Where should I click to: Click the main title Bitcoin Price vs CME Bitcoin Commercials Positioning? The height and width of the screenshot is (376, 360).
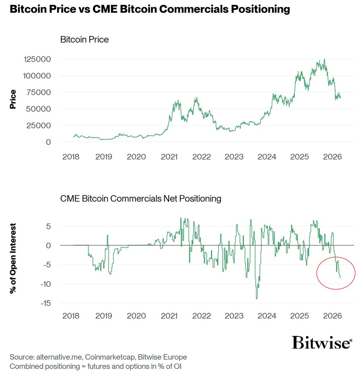tap(150, 9)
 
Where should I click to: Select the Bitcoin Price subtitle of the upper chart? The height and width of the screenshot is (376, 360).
tap(84, 40)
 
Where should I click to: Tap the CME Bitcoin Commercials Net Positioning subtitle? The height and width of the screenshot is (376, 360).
tap(140, 199)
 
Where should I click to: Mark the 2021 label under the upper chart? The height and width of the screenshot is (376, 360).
tap(169, 157)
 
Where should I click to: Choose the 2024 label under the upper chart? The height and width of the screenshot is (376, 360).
tap(267, 157)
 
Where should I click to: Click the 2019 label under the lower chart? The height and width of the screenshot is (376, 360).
tap(103, 316)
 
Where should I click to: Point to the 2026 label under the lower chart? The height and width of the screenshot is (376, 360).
tap(332, 316)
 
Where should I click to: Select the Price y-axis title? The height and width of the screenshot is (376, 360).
tap(13, 99)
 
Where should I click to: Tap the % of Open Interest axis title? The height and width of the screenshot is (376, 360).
tap(13, 258)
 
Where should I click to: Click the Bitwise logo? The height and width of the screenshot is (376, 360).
tap(322, 342)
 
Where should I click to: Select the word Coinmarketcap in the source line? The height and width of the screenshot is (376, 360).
tap(110, 357)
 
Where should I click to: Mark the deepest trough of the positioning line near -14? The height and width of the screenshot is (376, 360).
tap(257, 299)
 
